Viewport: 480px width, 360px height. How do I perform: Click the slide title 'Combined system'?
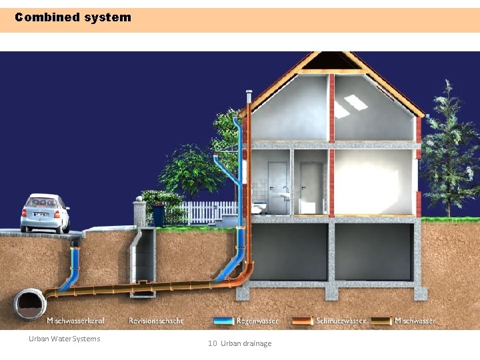[73, 17]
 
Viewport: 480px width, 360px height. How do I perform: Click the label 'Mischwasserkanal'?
[75, 321]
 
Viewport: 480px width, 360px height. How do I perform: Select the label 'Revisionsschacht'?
[156, 321]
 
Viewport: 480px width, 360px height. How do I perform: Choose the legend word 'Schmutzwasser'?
[341, 321]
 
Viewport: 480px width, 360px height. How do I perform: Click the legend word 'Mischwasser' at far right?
[415, 321]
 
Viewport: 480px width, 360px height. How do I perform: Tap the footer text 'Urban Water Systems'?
[64, 339]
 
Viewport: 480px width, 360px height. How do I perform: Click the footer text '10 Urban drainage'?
[239, 343]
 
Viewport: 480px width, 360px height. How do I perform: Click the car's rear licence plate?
[41, 215]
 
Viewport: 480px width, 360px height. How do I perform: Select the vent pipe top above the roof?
[249, 95]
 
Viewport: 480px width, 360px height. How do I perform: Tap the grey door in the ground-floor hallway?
[311, 188]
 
